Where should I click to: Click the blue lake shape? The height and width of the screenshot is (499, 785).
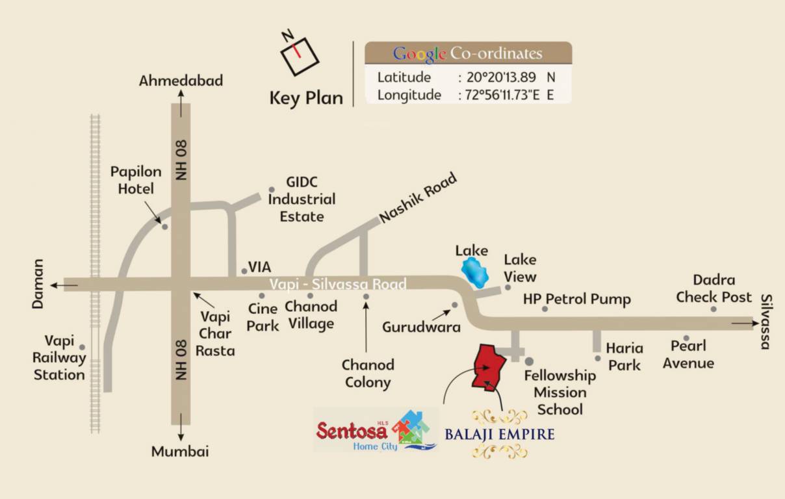coord(475,273)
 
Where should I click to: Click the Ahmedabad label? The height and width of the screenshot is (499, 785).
coord(181,81)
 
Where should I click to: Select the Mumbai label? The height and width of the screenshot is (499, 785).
coord(180,452)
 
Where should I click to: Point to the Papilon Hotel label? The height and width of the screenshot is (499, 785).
coord(136,180)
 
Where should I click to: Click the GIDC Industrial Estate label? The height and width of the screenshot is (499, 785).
coord(302,199)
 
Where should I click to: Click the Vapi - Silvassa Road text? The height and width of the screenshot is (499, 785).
coord(338,285)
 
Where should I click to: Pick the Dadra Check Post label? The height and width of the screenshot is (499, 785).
coord(714,288)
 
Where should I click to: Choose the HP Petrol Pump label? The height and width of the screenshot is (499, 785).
coord(577,300)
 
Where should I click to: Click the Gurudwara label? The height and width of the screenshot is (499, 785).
coord(421,327)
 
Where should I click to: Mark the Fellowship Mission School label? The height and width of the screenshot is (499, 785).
coord(560,392)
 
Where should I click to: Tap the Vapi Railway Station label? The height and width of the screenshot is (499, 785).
coord(59,358)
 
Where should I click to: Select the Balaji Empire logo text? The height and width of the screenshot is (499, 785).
coord(499,433)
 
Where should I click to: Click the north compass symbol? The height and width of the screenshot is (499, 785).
coord(299,52)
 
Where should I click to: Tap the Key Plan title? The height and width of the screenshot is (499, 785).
coord(306,98)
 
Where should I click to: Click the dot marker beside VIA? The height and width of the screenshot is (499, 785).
coord(244,272)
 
